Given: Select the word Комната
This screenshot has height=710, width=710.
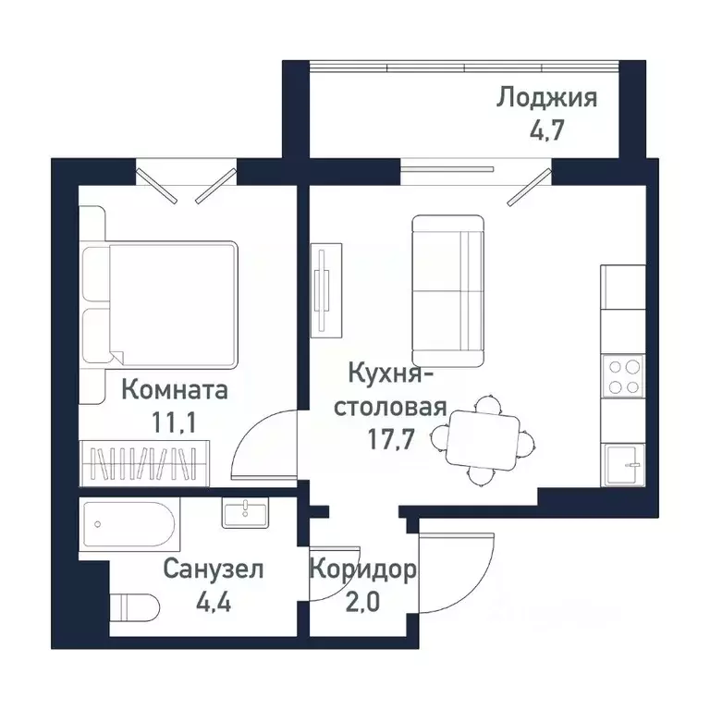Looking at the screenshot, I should (174, 390).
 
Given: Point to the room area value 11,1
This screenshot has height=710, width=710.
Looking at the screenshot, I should (176, 422).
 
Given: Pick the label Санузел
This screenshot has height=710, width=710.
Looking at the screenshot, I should (213, 569).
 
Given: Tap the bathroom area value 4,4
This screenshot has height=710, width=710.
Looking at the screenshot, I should (214, 601).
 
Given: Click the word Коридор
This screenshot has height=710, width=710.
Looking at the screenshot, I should (361, 569).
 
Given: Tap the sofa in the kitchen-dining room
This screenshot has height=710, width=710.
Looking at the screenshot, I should (447, 290).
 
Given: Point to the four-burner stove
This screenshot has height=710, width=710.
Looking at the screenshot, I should (622, 376).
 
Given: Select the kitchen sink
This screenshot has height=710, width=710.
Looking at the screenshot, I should (624, 460).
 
